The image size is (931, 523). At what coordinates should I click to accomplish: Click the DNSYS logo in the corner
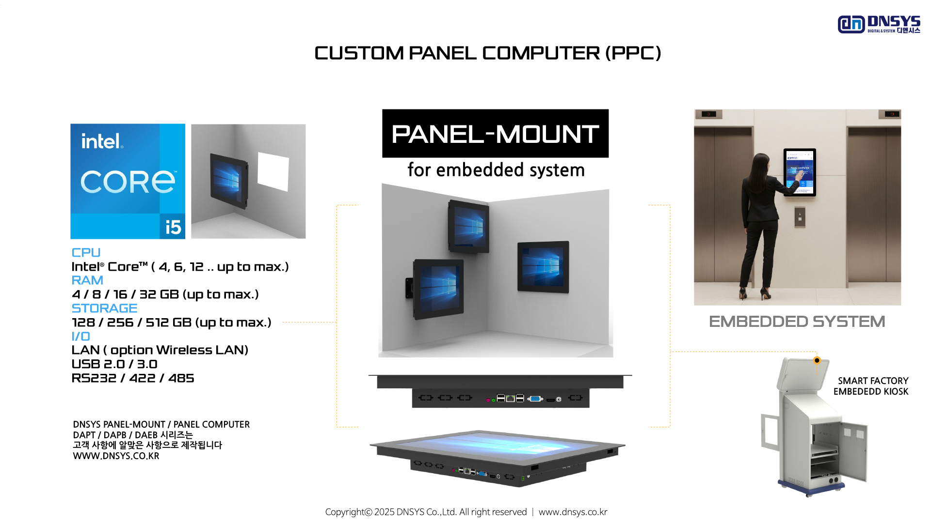point(878,24)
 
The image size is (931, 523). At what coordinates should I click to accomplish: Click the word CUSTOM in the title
point(359,53)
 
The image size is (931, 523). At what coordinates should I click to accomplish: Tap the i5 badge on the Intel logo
point(173,227)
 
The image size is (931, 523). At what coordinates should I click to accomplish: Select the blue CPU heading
point(86,253)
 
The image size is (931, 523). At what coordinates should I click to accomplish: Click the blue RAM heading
point(87,280)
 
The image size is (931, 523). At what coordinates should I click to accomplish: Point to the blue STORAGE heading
point(104,308)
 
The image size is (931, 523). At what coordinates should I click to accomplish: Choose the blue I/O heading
point(80,337)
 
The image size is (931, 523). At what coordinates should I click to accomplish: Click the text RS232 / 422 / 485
point(133,378)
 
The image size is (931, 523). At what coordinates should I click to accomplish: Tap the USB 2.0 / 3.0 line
point(114,364)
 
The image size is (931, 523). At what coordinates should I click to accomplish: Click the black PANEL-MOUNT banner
point(495,134)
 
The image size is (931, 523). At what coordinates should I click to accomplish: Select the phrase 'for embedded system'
point(496,170)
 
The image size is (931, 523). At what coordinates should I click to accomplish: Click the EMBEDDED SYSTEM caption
point(797,322)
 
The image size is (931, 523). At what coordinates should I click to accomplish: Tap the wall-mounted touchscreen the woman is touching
point(800,172)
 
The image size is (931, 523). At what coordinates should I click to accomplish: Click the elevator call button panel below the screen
point(800,217)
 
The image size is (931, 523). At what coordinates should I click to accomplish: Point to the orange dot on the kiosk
point(817,360)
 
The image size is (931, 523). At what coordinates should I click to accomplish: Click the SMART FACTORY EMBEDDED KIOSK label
point(871,386)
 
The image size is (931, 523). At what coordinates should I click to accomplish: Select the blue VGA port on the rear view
point(535,399)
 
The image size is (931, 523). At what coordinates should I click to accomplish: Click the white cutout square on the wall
point(273,171)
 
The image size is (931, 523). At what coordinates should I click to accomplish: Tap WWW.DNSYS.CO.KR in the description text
point(116,456)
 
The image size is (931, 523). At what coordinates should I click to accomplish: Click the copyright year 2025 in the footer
point(384,512)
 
